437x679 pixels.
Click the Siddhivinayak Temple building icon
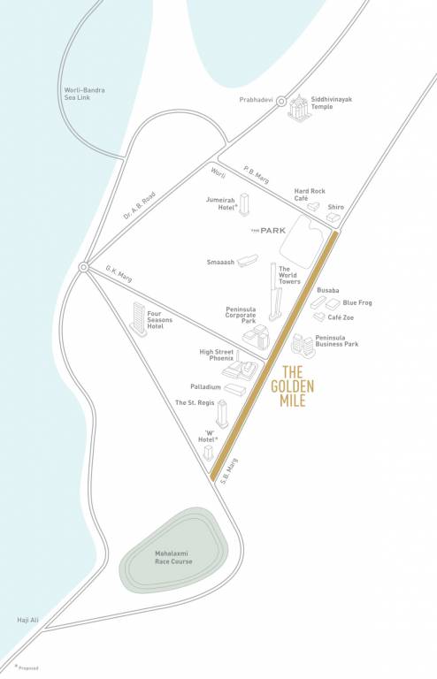pos(297,109)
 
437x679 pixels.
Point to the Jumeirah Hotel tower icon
pos(244,204)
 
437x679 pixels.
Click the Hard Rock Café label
pos(310,195)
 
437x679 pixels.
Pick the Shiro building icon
pos(333,217)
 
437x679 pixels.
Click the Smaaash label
pos(219,263)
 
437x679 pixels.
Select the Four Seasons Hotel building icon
pos(138,319)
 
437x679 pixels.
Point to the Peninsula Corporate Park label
pos(241,315)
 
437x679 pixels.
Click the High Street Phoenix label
pos(217,355)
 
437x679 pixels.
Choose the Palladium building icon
pos(234,389)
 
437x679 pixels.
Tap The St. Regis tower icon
pos(222,413)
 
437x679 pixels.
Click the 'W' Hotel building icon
pos(209,452)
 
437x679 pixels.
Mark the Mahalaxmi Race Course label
pos(169,557)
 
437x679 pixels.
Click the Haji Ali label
pos(25,621)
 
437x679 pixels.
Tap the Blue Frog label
pos(357,302)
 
